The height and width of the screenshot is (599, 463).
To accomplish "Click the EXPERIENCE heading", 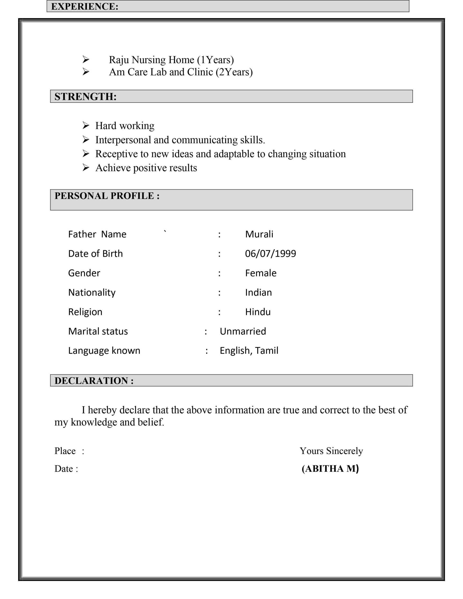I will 85,6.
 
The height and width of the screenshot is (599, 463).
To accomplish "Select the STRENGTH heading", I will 85,97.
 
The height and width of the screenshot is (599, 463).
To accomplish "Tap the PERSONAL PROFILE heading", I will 107,196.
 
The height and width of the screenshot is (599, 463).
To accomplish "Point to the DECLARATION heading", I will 94,381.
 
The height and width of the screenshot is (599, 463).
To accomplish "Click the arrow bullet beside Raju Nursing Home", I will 86,59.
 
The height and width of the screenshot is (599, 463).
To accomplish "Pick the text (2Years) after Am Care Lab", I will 234,72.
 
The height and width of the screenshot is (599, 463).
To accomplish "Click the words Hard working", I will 125,126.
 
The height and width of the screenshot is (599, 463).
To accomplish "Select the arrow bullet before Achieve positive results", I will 86,168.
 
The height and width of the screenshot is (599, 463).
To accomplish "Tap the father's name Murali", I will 259,234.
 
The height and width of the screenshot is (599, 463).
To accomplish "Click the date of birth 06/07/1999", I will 270,254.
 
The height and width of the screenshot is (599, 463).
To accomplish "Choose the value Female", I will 261,273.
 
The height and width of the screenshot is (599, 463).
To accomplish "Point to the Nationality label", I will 92,293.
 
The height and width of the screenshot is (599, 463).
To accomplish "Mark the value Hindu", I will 258,312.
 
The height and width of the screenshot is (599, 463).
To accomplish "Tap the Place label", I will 65,451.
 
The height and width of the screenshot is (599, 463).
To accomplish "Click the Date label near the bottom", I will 63,469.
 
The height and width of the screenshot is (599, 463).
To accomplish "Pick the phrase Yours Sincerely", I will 331,451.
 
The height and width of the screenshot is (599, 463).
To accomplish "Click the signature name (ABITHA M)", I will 330,469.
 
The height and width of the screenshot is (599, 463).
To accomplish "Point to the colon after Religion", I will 219,312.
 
